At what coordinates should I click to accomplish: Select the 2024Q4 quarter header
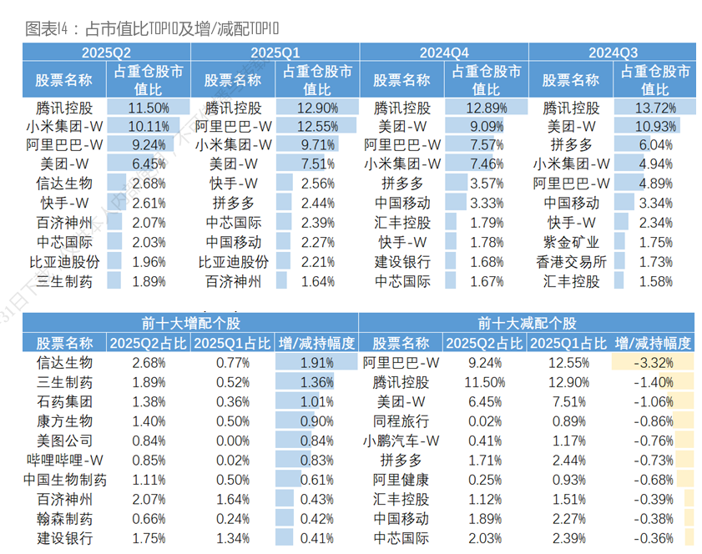444,53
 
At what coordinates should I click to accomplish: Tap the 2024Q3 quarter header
613,53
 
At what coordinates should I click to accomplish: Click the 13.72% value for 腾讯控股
654,108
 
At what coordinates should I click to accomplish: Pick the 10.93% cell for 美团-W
654,126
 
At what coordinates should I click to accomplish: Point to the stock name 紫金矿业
571,242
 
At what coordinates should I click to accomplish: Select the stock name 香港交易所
571,261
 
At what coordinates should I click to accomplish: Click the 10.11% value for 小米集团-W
149,126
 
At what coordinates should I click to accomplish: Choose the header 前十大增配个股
190,324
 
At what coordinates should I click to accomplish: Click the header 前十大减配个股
527,324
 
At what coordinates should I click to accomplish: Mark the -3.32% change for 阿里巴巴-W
653,363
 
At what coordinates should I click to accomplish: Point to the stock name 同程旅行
401,421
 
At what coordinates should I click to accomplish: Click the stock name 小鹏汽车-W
401,441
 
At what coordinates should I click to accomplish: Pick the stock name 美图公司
65,441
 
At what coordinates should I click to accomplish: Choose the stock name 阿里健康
401,480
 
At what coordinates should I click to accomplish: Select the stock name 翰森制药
65,519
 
